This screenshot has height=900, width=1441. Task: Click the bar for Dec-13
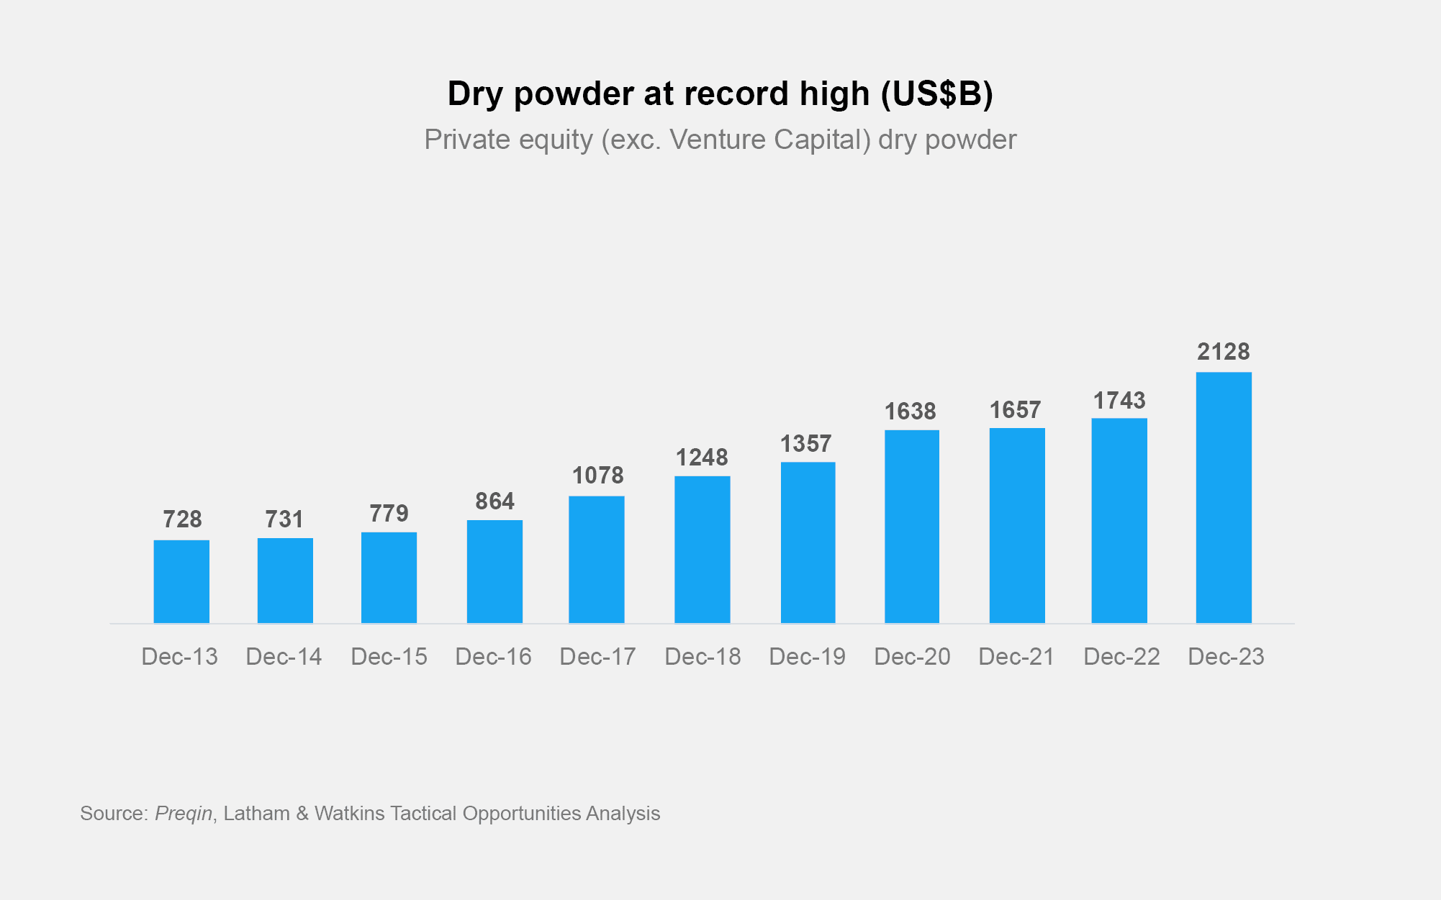click(x=181, y=581)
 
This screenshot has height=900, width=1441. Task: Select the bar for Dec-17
click(x=597, y=559)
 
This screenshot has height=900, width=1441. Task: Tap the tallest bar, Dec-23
click(x=1224, y=497)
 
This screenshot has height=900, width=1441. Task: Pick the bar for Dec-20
click(x=912, y=526)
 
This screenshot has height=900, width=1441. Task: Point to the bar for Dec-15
click(x=389, y=577)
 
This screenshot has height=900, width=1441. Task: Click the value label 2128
click(x=1224, y=352)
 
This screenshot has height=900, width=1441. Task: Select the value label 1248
click(x=702, y=458)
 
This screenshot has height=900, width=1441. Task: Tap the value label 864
click(x=494, y=501)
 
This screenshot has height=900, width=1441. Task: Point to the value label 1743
click(x=1119, y=401)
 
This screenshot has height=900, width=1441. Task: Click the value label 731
click(x=284, y=519)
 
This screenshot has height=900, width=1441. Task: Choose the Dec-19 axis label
click(x=807, y=657)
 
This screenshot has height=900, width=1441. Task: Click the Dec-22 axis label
click(x=1121, y=657)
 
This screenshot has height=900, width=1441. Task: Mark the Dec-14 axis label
click(x=284, y=657)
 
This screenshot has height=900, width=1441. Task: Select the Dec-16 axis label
click(x=493, y=657)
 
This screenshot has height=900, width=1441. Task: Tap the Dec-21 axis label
click(x=1016, y=657)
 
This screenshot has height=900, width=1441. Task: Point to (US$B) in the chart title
click(x=937, y=94)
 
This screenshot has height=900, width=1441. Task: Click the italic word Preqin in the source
click(x=184, y=814)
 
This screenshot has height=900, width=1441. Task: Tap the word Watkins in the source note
click(x=350, y=814)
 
